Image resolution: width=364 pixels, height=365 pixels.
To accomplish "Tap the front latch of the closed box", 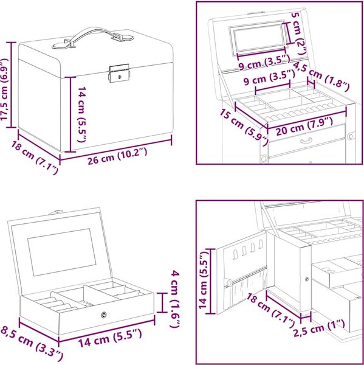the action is pos(119,74).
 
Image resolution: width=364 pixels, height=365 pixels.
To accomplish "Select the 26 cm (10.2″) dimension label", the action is pos(117,156).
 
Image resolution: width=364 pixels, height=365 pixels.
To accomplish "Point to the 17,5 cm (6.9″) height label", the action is pos(5,89).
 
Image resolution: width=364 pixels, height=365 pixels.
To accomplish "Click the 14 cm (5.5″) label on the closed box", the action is pos(82,114).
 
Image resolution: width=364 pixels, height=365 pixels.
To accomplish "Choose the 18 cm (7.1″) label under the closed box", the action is pos(35,158).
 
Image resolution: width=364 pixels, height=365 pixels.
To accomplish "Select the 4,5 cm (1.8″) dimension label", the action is pos(321,77).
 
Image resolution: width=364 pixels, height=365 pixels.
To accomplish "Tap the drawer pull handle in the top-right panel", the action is pos(306,141).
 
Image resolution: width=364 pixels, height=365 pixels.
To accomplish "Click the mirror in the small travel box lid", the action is pos(62,252).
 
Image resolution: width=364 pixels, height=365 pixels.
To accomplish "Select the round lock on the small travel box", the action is pos(104,315).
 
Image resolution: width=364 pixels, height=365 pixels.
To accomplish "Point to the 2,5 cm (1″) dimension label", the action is pos(319,328).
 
